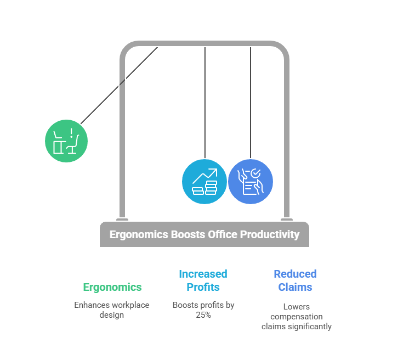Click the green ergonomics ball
[x=66, y=141]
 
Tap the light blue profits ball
[x=204, y=182]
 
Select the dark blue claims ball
[x=251, y=182]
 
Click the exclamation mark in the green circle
[x=71, y=133]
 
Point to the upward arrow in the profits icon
[x=205, y=176]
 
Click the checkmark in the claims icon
[x=255, y=173]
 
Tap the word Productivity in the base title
[x=270, y=234]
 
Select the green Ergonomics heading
[x=112, y=287]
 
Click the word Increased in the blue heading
[x=203, y=274]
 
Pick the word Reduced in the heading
[x=296, y=274]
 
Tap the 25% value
[x=203, y=315]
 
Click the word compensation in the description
[x=297, y=317]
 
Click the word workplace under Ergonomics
[x=130, y=305]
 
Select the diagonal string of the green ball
[x=119, y=86]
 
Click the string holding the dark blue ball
[x=251, y=103]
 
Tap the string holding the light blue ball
[x=205, y=103]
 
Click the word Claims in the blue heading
[x=296, y=287]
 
